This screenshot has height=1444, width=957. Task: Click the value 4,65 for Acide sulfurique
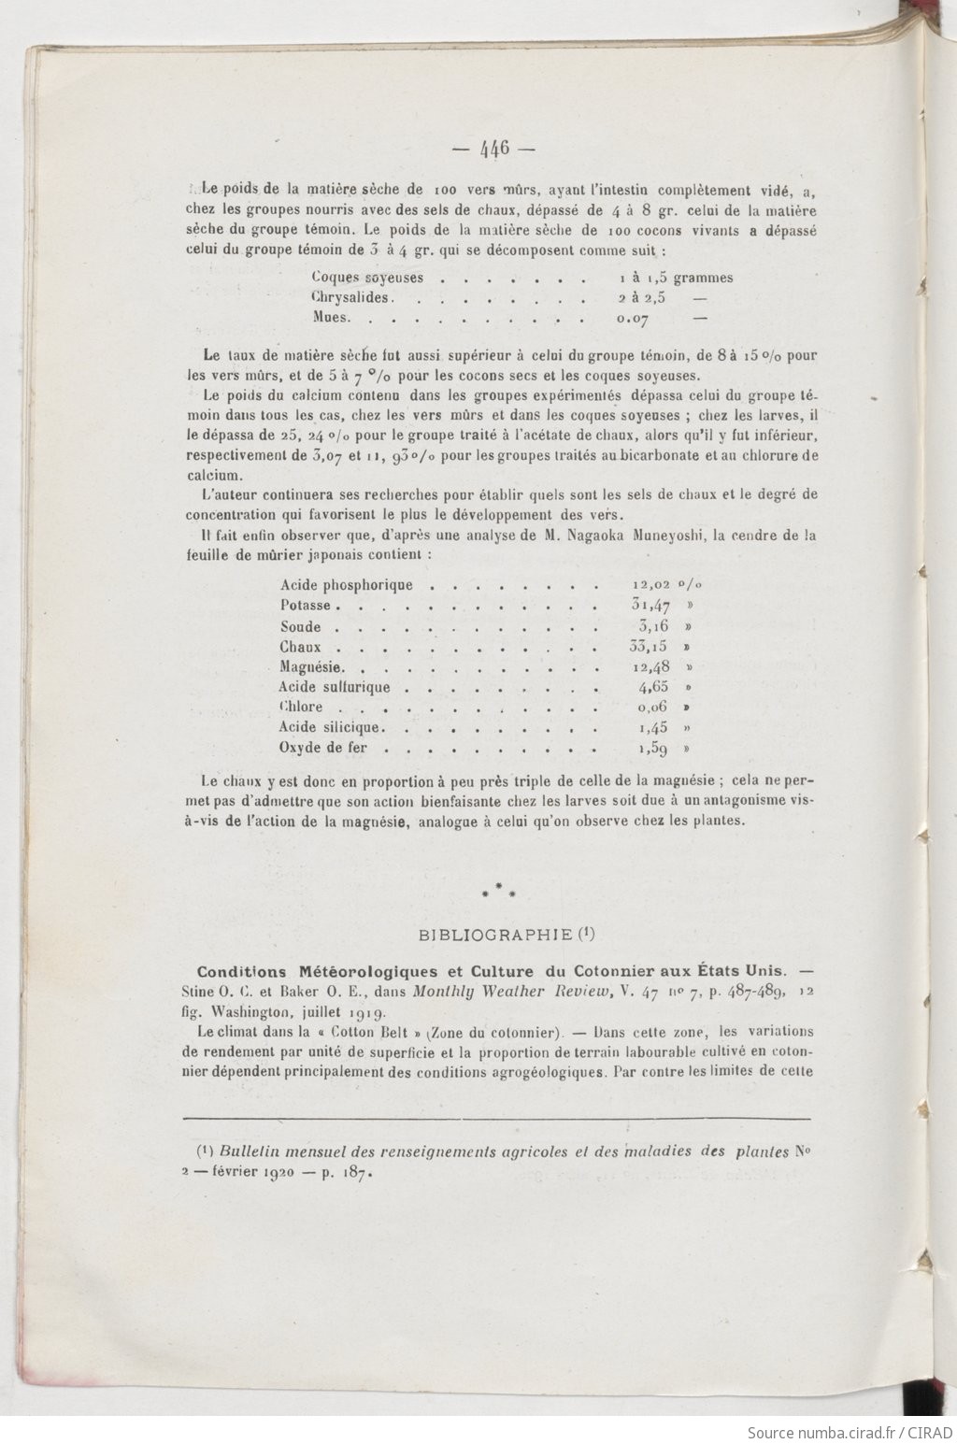pos(653,688)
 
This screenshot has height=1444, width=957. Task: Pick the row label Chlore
pos(301,708)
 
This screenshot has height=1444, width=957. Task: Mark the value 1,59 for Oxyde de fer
pos(653,749)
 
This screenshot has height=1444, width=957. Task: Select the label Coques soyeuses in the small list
pos(367,278)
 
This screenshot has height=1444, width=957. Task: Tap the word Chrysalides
pos(351,298)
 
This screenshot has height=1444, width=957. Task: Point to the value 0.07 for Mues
pos(634,319)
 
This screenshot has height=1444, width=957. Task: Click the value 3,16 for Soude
pos(653,626)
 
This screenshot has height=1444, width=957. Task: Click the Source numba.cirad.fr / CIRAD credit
pos(849,1432)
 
